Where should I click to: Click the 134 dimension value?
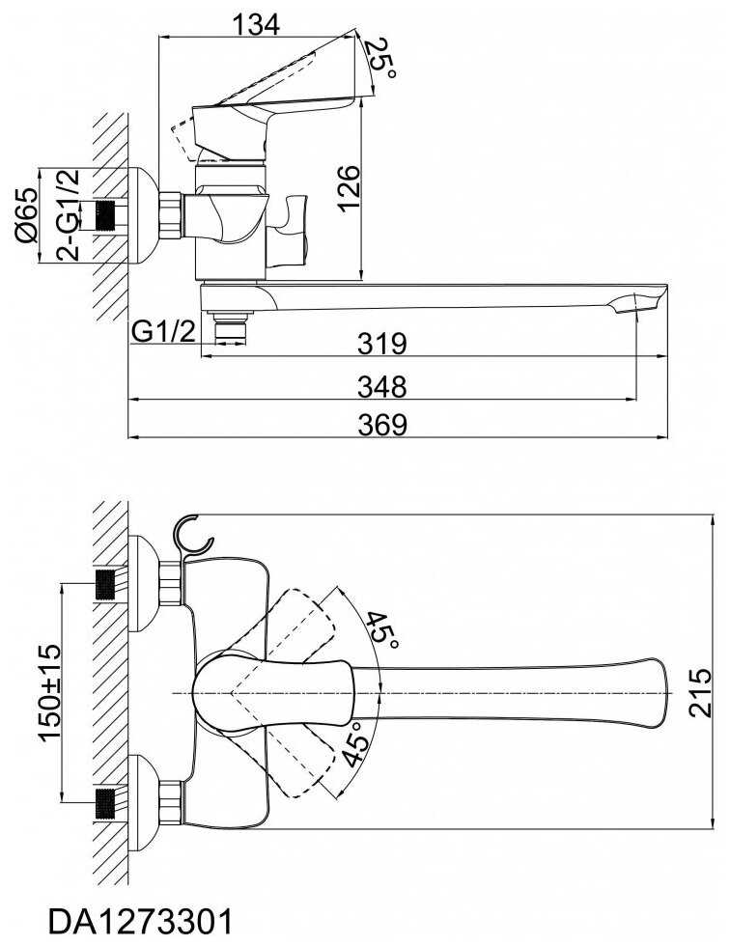tap(256, 25)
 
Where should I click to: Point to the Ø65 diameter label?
tap(27, 215)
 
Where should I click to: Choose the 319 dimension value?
tap(381, 344)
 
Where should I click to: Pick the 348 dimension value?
tap(381, 387)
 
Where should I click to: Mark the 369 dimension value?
tap(382, 425)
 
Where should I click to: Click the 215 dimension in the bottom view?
tap(700, 692)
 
